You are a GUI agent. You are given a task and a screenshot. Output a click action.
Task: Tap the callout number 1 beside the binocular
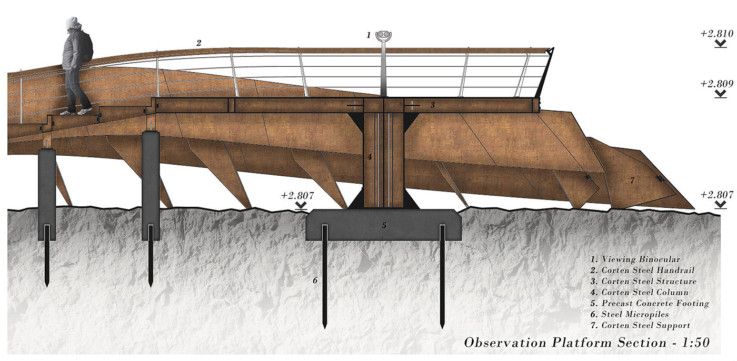coord(369,35)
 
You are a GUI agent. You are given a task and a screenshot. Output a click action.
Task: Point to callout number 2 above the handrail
coord(198,44)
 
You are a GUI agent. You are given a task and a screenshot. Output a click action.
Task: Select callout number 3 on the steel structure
coord(432,105)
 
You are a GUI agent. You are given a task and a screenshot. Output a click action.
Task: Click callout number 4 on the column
coord(370,156)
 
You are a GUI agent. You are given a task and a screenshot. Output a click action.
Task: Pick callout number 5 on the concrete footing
coord(384,225)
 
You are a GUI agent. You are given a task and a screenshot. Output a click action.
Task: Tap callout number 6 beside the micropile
coord(315,280)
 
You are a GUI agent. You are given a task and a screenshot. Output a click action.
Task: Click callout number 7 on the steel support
coord(632,180)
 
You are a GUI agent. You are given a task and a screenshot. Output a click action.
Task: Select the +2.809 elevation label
coord(717,84)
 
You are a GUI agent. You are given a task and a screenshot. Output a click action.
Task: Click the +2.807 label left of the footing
coord(297,195)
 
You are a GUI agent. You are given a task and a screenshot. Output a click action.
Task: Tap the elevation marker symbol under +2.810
coord(721,44)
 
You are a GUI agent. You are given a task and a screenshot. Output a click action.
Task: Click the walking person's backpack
coord(87,47)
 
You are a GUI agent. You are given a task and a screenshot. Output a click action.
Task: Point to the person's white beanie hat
coord(72,22)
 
